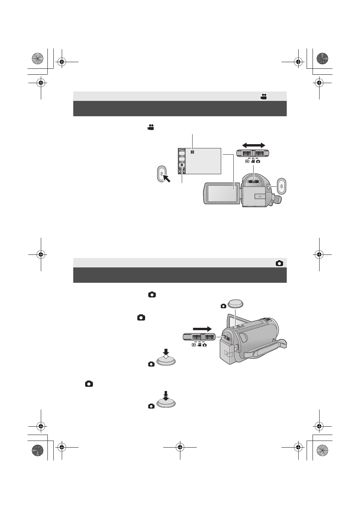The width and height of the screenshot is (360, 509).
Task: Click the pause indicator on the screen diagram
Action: pos(192,152)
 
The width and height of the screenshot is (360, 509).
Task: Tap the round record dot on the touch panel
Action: pos(182,165)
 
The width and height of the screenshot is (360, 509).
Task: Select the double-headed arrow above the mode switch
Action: pos(254,145)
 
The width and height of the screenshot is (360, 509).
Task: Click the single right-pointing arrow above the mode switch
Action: pos(202,329)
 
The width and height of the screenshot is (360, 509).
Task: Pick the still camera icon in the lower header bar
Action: pos(279,264)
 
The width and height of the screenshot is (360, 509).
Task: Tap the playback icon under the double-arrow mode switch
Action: pos(247,161)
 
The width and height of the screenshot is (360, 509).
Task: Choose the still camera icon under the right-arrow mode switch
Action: pos(204,345)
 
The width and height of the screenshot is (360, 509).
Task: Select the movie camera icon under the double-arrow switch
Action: pos(253,161)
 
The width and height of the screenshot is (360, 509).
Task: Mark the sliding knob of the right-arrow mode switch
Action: pos(202,337)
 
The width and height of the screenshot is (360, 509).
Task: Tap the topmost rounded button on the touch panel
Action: pos(182,153)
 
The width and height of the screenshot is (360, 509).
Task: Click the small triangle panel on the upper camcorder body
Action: pos(260,197)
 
